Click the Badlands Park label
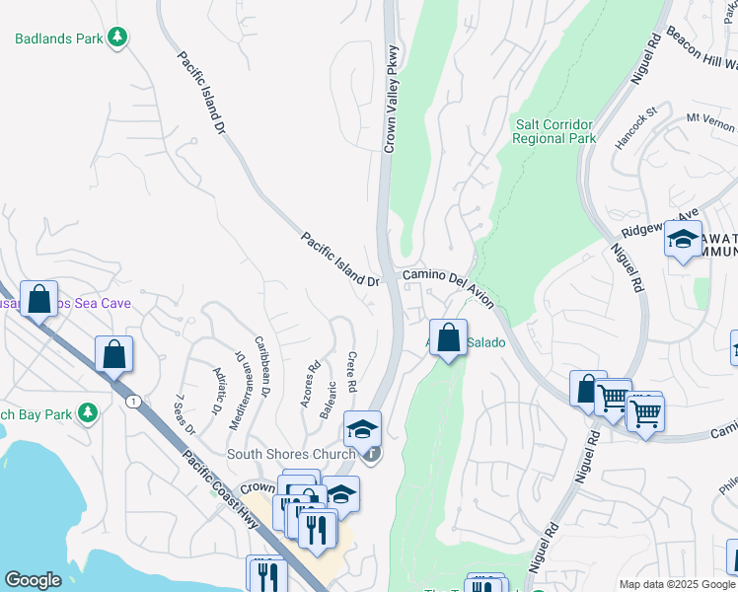(59, 38)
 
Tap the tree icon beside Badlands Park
(118, 37)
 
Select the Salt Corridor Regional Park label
(553, 131)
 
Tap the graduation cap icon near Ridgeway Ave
(683, 239)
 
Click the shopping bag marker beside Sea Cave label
(39, 299)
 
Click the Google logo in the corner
(33, 580)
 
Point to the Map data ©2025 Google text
(676, 584)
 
